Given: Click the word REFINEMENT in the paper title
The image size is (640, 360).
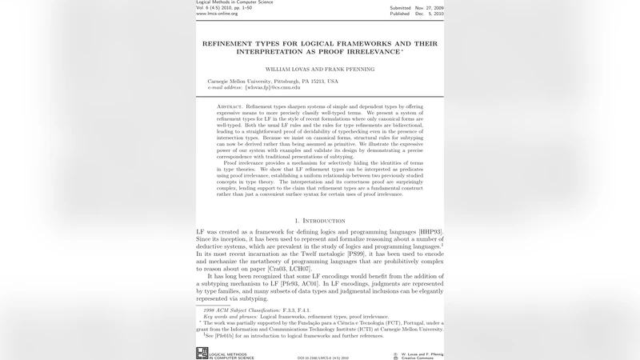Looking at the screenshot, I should click(228, 43).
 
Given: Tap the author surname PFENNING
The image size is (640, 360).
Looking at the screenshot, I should click(356, 70).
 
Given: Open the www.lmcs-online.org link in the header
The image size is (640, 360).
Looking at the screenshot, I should click(217, 14).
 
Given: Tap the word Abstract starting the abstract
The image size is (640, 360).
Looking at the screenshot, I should click(230, 106).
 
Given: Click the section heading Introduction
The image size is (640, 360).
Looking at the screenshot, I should click(323, 221).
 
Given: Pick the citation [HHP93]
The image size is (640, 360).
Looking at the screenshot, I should click(430, 231).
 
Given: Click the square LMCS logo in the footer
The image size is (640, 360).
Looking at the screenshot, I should click(202, 353).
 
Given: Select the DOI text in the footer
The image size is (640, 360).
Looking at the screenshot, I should click(323, 358).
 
